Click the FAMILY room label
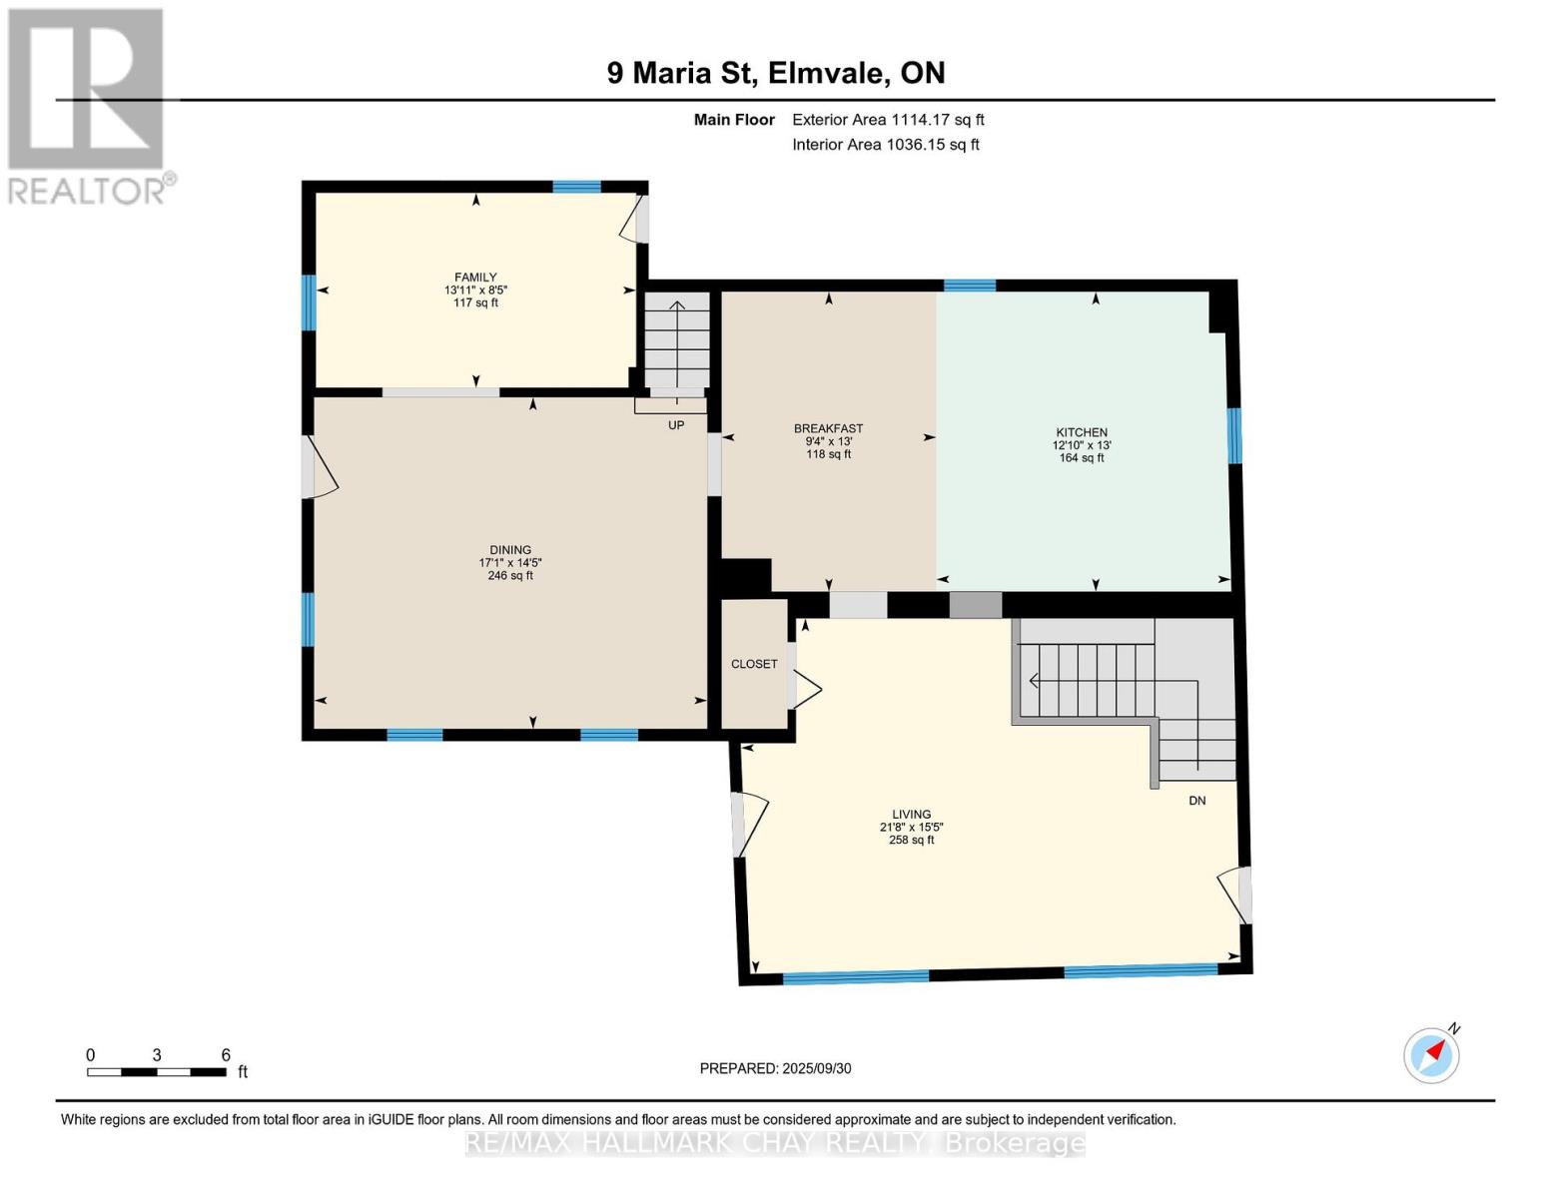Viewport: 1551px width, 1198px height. (x=475, y=278)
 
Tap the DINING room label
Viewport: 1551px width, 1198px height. (x=510, y=550)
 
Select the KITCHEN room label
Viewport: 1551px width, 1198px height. (x=1081, y=432)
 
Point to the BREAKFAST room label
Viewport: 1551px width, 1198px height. (x=828, y=428)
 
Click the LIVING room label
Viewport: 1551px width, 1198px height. (x=911, y=814)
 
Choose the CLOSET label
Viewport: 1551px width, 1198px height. (x=754, y=664)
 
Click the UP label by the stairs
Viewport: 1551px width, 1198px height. (x=676, y=425)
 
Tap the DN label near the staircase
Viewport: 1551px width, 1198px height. (x=1196, y=801)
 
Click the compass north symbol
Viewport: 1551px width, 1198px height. (x=1432, y=1054)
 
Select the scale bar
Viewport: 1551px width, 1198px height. (x=156, y=1071)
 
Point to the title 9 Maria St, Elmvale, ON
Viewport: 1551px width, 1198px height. (x=776, y=73)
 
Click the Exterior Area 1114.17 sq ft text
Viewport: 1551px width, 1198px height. (x=888, y=120)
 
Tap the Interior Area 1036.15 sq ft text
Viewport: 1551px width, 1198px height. (x=885, y=145)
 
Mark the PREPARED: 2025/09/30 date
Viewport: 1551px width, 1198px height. (x=775, y=1068)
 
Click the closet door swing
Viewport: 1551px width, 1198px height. (x=804, y=688)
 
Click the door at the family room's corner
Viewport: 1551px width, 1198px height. (x=633, y=220)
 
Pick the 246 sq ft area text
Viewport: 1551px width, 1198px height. (x=510, y=576)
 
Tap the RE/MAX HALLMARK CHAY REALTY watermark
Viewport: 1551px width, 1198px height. (x=775, y=1143)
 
